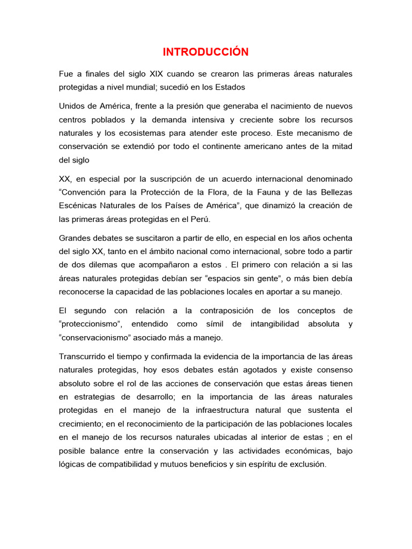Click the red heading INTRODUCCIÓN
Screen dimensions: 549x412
click(x=206, y=52)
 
